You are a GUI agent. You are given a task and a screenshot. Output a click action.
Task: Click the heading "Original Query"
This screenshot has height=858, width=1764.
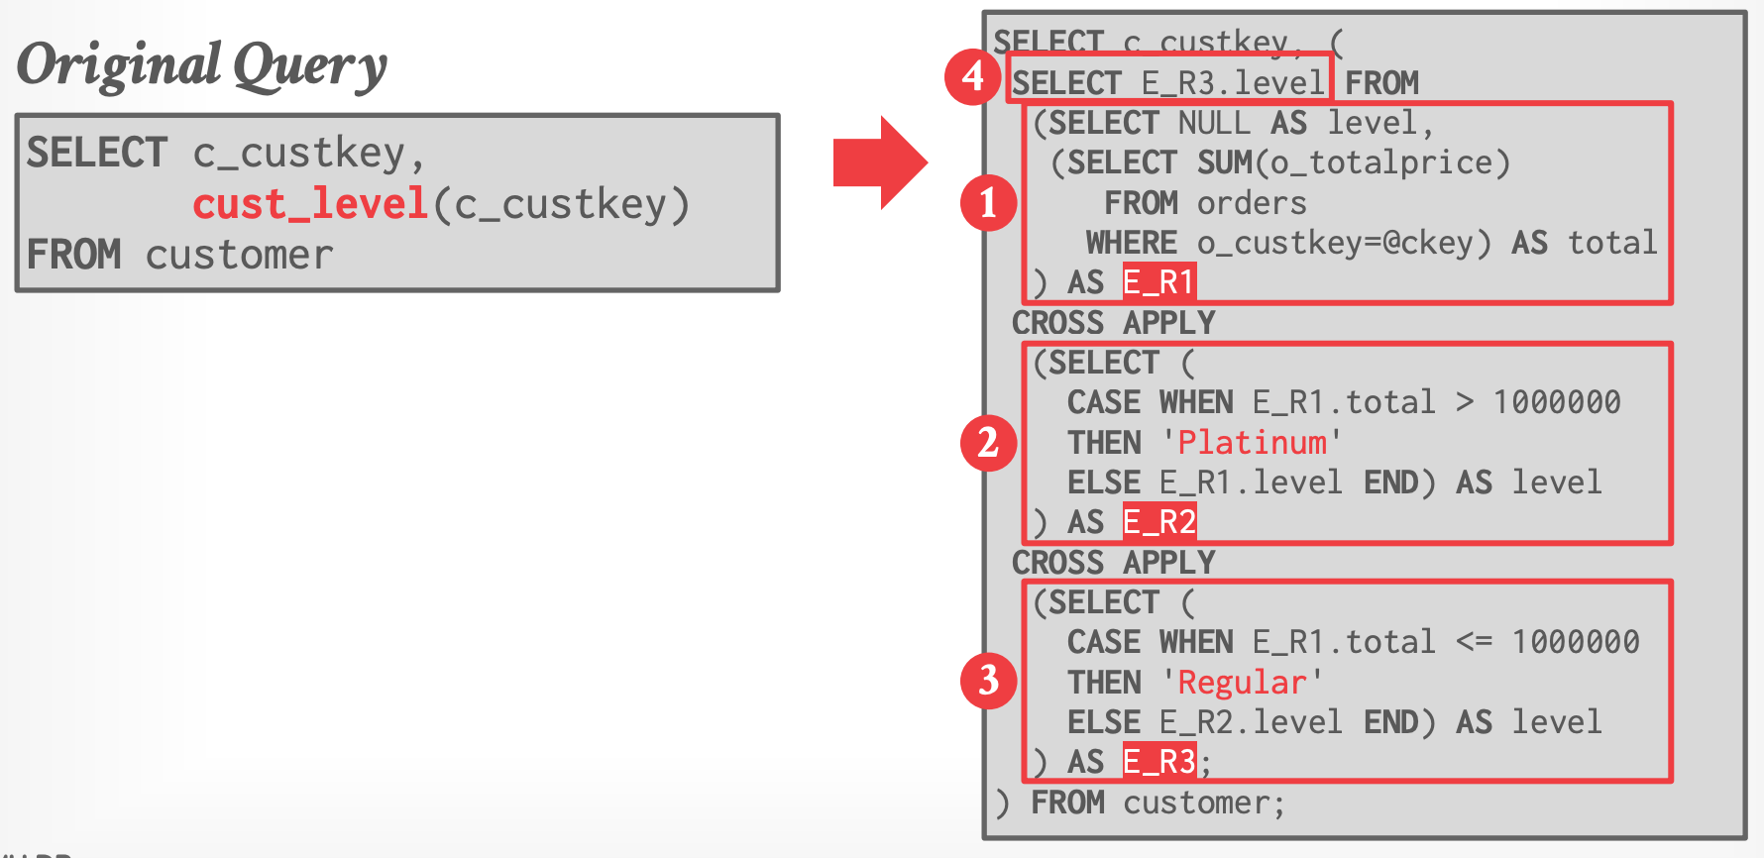(202, 65)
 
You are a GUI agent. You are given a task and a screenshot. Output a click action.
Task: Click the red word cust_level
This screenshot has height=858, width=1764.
(309, 204)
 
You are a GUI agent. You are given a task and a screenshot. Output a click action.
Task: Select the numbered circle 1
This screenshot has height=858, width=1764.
(988, 203)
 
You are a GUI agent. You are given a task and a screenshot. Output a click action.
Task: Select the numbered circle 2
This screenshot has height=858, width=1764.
(988, 443)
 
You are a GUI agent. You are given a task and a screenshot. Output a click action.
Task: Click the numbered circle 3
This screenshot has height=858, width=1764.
(988, 681)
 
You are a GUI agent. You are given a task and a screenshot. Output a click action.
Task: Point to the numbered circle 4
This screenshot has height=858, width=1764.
(972, 76)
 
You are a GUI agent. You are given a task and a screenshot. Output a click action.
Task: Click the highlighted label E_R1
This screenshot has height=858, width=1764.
(1158, 282)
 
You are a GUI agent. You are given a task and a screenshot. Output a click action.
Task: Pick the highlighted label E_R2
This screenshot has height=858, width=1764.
(1158, 522)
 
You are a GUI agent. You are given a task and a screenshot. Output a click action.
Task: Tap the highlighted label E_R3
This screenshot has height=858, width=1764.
(1158, 762)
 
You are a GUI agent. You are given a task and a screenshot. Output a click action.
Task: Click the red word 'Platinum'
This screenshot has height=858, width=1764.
(1252, 443)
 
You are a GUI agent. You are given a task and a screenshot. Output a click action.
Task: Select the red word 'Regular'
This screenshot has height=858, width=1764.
(1242, 683)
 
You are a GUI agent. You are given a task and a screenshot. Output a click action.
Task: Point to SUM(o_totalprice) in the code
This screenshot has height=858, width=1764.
(1353, 162)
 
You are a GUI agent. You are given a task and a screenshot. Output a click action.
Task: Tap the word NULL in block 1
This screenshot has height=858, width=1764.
(1214, 123)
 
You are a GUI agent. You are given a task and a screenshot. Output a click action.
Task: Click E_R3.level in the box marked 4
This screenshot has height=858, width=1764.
(1233, 83)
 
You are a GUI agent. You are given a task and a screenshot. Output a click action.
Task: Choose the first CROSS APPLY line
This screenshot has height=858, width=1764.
(1113, 323)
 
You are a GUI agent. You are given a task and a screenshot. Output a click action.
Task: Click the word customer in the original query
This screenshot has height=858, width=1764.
(239, 256)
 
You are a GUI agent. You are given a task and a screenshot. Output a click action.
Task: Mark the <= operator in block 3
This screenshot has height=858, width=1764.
(1474, 642)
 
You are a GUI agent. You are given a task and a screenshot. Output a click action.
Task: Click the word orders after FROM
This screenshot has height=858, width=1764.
(1252, 203)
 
